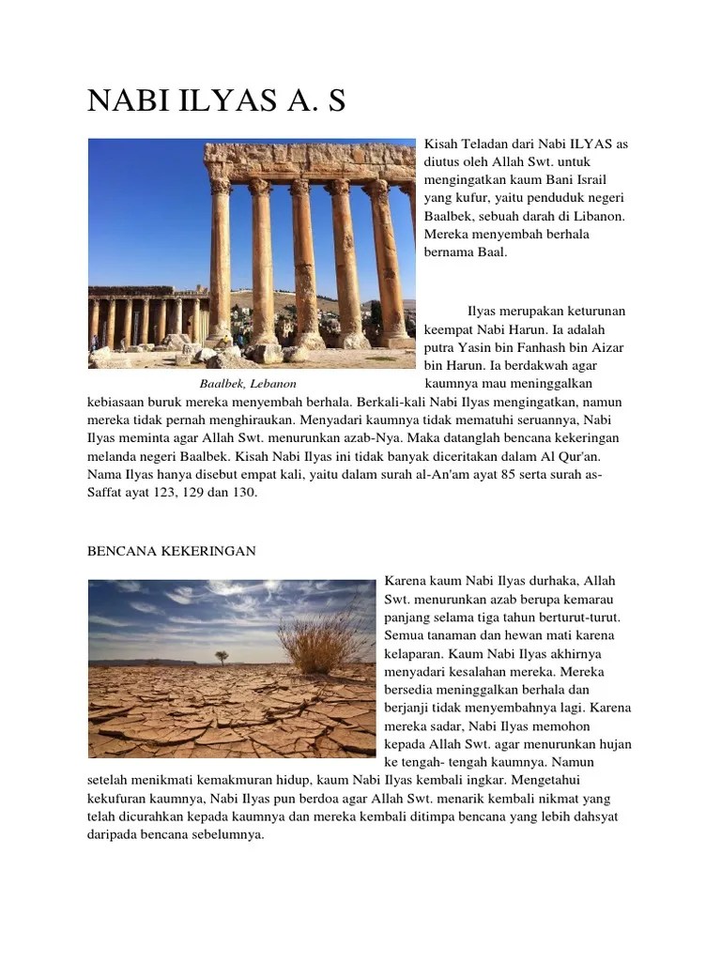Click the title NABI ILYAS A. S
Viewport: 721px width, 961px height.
pyautogui.click(x=217, y=101)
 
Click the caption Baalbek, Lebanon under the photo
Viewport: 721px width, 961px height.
pyautogui.click(x=248, y=384)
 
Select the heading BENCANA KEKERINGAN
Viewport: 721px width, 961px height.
pyautogui.click(x=172, y=551)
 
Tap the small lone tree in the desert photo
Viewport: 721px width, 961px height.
pyautogui.click(x=221, y=656)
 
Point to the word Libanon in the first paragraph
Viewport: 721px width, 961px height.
pyautogui.click(x=597, y=216)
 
